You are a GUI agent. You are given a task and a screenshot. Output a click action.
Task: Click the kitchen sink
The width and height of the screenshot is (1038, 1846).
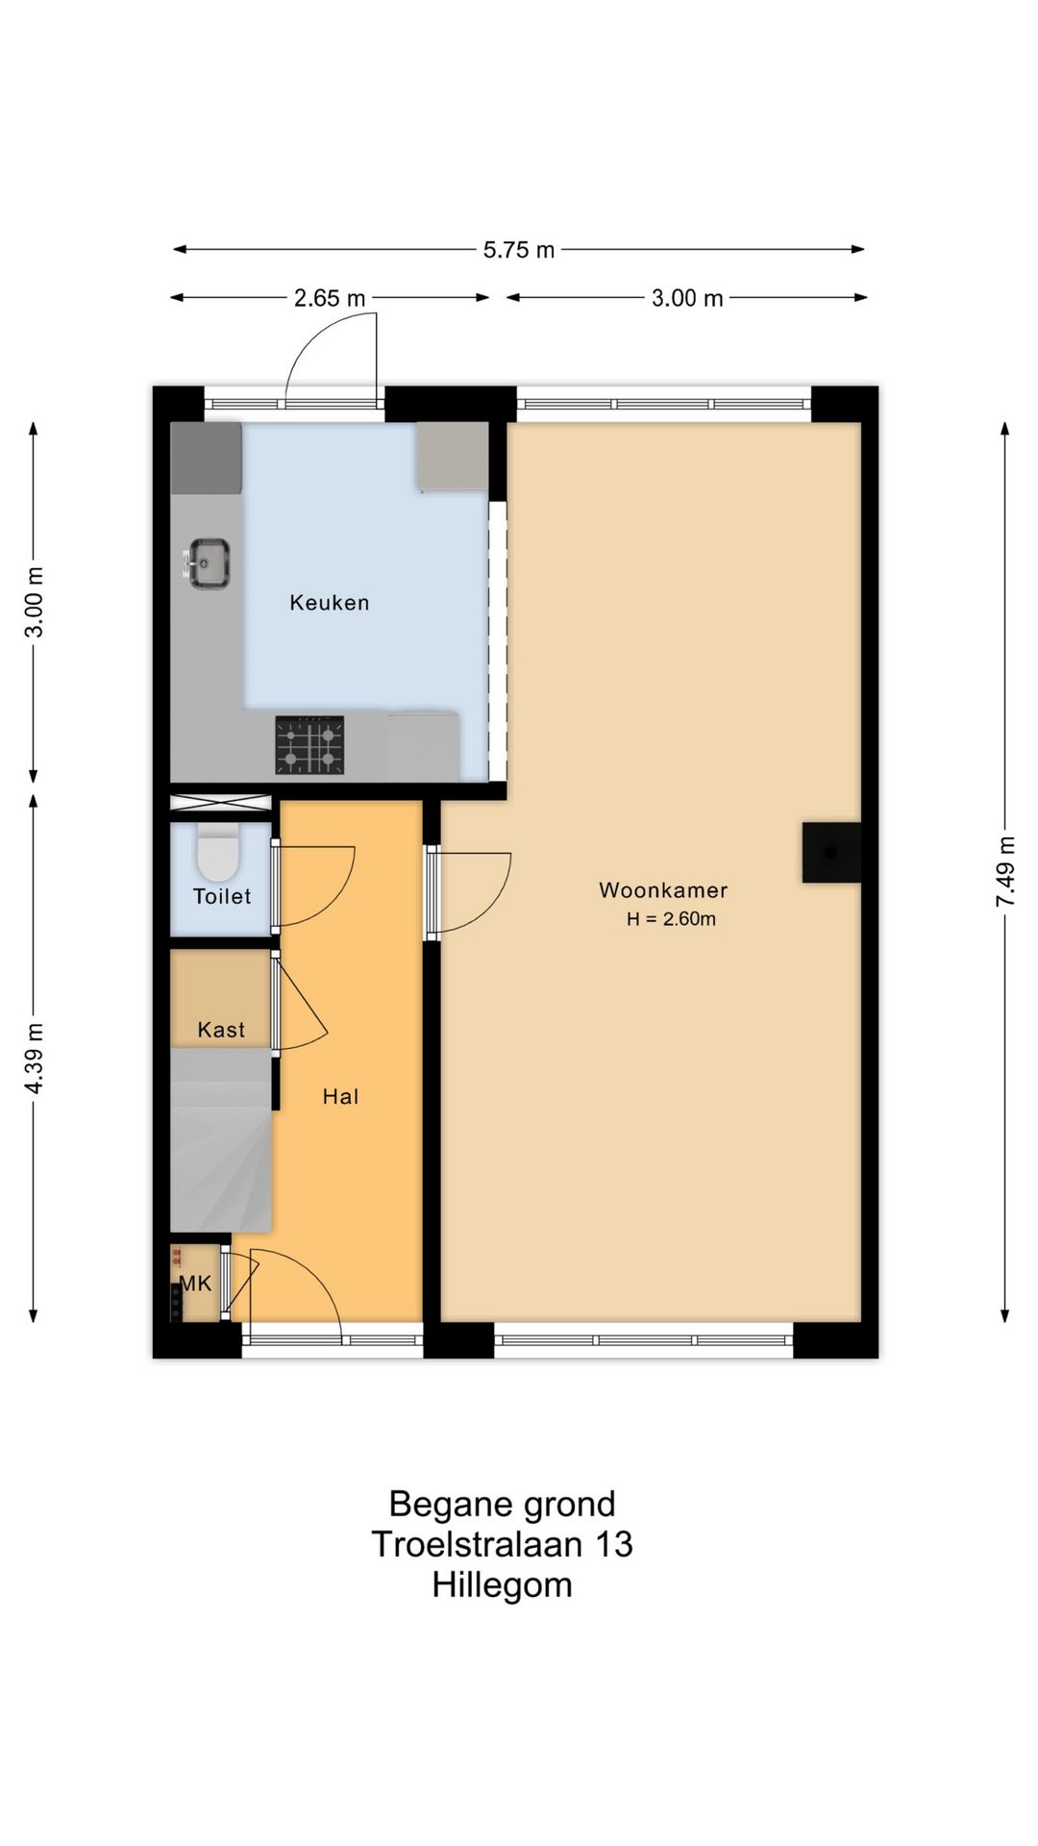pyautogui.click(x=208, y=563)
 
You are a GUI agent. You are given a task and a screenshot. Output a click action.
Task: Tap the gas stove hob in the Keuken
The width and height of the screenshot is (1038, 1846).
pyautogui.click(x=309, y=744)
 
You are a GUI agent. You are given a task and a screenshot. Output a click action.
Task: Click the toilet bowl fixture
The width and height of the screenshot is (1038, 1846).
pyautogui.click(x=217, y=852)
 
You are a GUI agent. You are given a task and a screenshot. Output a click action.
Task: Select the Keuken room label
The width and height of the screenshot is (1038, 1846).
pyautogui.click(x=330, y=603)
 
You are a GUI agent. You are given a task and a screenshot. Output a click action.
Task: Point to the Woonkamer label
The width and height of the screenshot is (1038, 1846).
pyautogui.click(x=663, y=890)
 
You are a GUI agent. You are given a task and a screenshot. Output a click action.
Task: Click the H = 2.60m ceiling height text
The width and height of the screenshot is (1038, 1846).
pyautogui.click(x=671, y=919)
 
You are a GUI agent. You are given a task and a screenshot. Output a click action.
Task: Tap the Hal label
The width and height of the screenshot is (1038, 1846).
pyautogui.click(x=340, y=1097)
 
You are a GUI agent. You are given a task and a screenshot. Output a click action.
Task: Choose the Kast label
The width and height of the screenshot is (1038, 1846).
pyautogui.click(x=221, y=1030)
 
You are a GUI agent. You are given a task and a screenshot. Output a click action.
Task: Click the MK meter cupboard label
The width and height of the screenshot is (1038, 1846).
pyautogui.click(x=196, y=1284)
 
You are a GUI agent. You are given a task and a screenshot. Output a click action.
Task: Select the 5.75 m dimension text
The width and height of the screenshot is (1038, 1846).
pyautogui.click(x=519, y=250)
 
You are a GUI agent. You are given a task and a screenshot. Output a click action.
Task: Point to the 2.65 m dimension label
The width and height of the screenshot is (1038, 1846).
pyautogui.click(x=330, y=298)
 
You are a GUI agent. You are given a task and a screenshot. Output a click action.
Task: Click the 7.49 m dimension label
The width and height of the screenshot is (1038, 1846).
pyautogui.click(x=1005, y=871)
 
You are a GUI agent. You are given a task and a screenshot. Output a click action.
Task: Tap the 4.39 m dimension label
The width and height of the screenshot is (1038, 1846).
pyautogui.click(x=35, y=1058)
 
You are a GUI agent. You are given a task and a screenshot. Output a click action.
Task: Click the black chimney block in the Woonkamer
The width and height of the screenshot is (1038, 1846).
pyautogui.click(x=831, y=853)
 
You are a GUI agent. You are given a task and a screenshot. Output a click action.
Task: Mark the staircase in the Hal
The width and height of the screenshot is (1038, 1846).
pyautogui.click(x=221, y=1140)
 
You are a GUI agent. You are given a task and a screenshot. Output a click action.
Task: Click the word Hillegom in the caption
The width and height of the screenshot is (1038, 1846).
pyautogui.click(x=502, y=1584)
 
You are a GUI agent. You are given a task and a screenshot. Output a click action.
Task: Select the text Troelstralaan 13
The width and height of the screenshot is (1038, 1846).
pyautogui.click(x=502, y=1544)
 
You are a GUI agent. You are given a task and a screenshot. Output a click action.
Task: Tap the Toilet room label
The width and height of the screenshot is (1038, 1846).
pyautogui.click(x=222, y=896)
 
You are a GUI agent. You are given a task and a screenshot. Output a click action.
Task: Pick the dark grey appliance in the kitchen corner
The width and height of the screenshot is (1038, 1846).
pyautogui.click(x=207, y=459)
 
